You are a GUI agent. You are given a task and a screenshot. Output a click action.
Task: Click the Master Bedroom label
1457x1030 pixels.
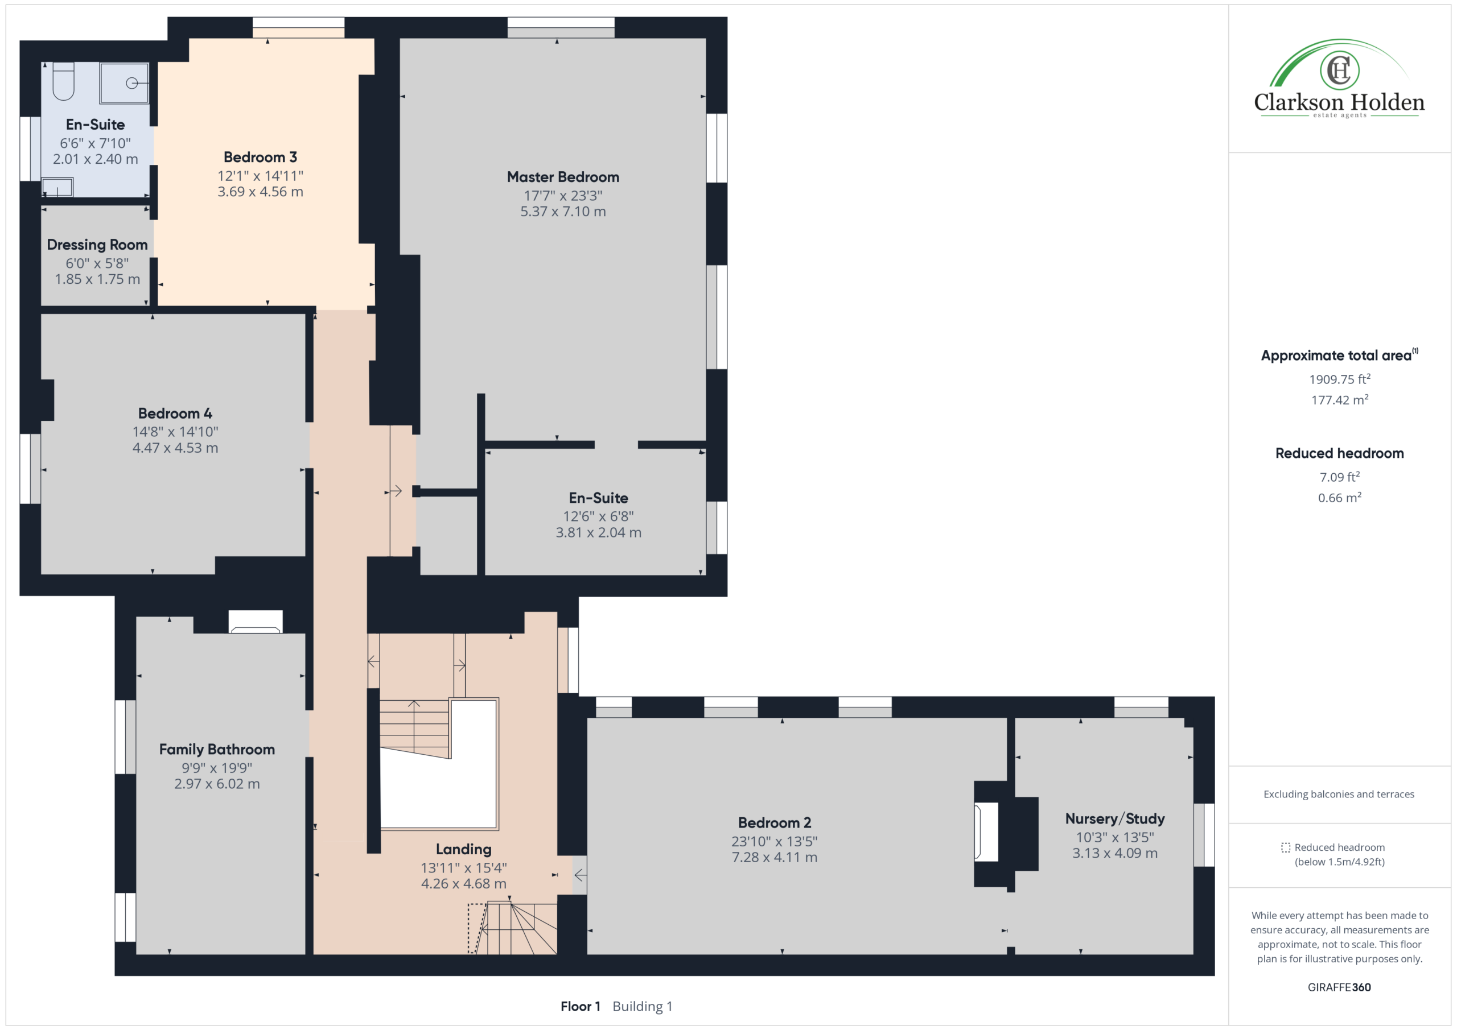click(x=563, y=177)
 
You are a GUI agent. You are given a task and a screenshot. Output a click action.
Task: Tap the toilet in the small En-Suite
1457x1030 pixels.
click(x=63, y=81)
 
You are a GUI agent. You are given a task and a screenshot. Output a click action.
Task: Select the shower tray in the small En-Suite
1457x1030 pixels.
click(x=125, y=82)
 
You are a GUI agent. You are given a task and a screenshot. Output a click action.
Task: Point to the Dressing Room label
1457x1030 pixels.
click(x=97, y=245)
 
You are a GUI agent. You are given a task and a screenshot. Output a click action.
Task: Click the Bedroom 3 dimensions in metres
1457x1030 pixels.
click(x=260, y=192)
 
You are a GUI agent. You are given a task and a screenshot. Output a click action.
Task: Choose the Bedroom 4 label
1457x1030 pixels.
click(x=175, y=413)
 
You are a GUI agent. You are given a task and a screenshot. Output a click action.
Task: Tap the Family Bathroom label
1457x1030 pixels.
click(x=217, y=750)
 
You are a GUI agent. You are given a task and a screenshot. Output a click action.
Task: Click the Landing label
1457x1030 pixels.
click(x=464, y=849)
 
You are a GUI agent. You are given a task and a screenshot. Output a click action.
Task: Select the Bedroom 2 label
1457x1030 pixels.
click(x=774, y=822)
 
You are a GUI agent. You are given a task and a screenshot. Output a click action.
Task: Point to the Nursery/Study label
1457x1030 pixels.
click(x=1115, y=819)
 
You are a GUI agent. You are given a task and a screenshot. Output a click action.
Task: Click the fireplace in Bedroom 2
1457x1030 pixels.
click(x=986, y=832)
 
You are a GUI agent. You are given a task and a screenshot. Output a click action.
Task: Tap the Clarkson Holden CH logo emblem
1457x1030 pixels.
click(x=1339, y=70)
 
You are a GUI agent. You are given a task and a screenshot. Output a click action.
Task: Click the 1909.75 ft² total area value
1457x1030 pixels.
click(x=1340, y=379)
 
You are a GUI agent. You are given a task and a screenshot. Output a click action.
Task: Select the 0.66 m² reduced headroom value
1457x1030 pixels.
click(x=1340, y=498)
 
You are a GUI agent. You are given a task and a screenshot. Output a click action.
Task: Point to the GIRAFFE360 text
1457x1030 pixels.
click(x=1339, y=987)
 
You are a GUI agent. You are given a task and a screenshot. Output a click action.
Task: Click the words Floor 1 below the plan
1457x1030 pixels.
click(x=580, y=1007)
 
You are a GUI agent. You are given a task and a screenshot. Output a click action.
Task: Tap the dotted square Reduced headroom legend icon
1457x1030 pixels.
click(x=1285, y=847)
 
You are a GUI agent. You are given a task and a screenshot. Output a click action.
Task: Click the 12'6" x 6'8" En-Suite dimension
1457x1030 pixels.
click(x=598, y=516)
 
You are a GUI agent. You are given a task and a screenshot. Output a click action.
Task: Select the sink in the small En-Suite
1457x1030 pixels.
click(x=57, y=187)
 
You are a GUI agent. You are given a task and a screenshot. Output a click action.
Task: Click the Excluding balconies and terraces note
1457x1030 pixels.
click(x=1339, y=794)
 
